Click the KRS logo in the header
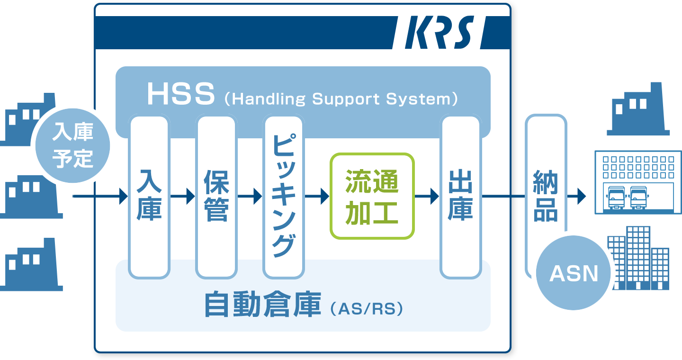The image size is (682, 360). coord(440,32)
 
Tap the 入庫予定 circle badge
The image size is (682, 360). coord(73,145)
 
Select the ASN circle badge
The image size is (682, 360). coord(573,272)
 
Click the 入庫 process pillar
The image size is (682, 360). coord(149,197)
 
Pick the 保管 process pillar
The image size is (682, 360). coord(216,197)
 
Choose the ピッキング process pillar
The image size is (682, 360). coord(283,197)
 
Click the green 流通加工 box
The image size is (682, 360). coord(372,196)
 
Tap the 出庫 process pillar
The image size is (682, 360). coord(461,197)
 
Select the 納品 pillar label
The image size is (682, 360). coord(546,196)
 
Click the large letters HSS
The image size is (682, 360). coord(181,94)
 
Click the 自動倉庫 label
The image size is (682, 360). coord(263,304)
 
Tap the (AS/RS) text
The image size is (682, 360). coord(367,309)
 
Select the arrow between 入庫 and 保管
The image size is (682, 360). coord(182,196)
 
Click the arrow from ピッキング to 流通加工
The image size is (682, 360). coord(317,196)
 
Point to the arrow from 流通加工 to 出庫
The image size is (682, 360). coord(427,196)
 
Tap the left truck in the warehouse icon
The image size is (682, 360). coord(616,198)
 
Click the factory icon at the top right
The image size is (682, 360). coord(638,109)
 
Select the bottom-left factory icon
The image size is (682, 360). coord(30,264)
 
